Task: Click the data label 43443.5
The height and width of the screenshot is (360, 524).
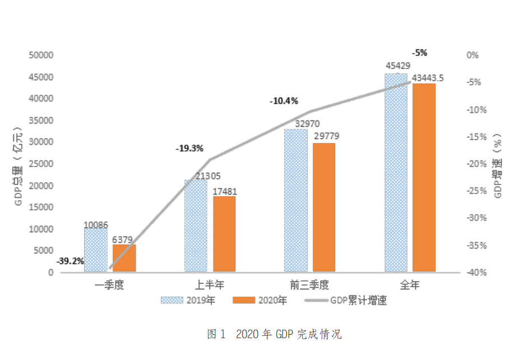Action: [428, 78]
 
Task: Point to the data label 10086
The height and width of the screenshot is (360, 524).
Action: [96, 225]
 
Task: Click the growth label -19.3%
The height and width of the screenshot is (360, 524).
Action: [189, 149]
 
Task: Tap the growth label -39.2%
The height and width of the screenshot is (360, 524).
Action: [70, 261]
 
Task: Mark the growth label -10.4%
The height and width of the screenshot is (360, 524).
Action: [284, 101]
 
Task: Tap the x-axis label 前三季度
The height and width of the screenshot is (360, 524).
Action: [310, 284]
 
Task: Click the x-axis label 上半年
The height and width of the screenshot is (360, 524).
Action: [210, 284]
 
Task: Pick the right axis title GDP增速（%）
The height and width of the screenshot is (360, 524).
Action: [498, 164]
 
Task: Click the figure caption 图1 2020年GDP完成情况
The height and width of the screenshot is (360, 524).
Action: [274, 335]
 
